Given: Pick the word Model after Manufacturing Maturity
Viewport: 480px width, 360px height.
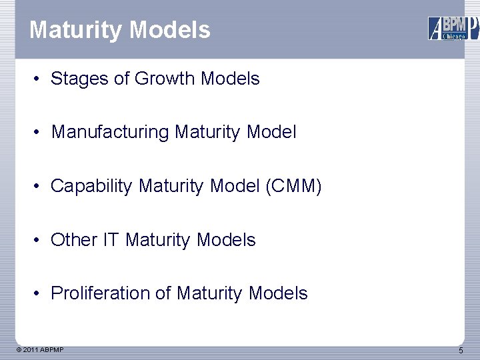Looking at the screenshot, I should [x=271, y=132].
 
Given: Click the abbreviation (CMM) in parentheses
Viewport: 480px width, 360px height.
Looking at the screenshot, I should [x=293, y=186].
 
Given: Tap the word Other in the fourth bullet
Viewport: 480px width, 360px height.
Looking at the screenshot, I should [x=74, y=239].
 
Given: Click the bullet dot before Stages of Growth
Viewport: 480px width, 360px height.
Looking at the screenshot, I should [x=40, y=79].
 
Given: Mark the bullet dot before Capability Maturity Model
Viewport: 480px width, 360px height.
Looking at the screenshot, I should [x=40, y=187].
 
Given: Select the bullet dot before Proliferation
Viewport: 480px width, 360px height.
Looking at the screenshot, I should [x=40, y=294].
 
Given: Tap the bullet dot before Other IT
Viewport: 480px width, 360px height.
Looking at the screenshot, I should [x=40, y=240].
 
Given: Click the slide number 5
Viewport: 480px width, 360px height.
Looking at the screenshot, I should [x=461, y=351].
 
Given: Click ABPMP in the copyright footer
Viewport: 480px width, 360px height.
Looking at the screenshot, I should [x=53, y=349].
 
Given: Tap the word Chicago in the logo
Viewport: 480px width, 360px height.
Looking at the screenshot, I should [x=455, y=36].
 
